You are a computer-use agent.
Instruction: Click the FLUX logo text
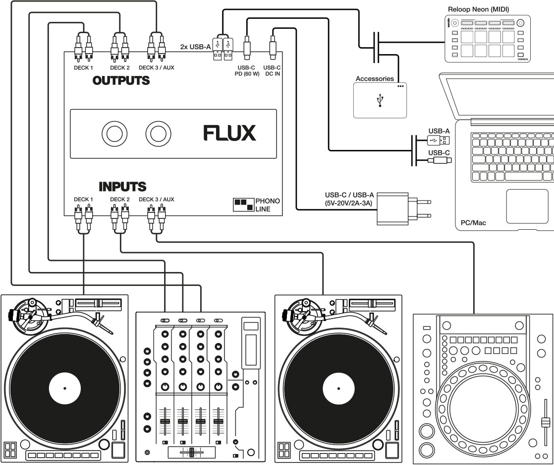[229, 133]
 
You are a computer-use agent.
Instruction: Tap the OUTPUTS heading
[121, 80]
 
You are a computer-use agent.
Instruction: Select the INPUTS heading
[122, 187]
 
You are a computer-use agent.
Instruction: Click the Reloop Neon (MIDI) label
[478, 9]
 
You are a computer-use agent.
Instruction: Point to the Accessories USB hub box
[380, 100]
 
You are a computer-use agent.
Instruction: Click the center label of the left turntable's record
[64, 388]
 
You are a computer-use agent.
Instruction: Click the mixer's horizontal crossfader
[191, 452]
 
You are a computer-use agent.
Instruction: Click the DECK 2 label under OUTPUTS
[119, 67]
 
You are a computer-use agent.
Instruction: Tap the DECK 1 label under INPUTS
[83, 199]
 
